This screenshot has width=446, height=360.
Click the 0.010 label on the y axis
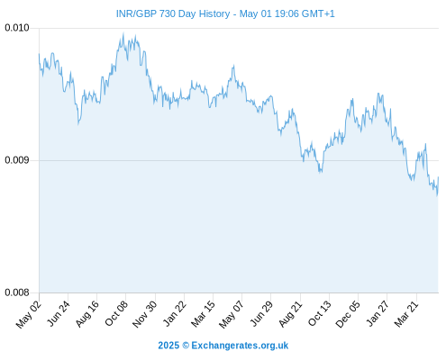[x=17, y=28]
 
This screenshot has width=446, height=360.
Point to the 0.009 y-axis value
[x=17, y=160]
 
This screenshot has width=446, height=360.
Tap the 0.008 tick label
[x=17, y=292]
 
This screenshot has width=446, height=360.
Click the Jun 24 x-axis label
[x=59, y=313]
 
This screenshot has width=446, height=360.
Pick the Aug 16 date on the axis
[x=87, y=314]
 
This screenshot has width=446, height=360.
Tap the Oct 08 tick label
[x=116, y=313]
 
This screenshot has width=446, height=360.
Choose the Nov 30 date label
[x=145, y=314]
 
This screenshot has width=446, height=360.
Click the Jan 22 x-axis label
[x=175, y=313]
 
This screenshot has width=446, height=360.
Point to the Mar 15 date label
[x=204, y=314]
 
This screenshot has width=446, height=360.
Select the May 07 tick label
[x=232, y=314]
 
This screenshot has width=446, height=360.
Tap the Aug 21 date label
[x=290, y=314]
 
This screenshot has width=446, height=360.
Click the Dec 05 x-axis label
[x=348, y=314]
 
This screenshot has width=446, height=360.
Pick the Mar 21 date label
[x=406, y=314]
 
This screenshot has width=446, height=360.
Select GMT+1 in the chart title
[x=318, y=13]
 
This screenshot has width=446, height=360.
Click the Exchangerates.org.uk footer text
[x=240, y=346]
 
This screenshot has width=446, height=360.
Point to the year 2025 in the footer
[x=168, y=346]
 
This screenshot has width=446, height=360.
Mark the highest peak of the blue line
[x=123, y=32]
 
